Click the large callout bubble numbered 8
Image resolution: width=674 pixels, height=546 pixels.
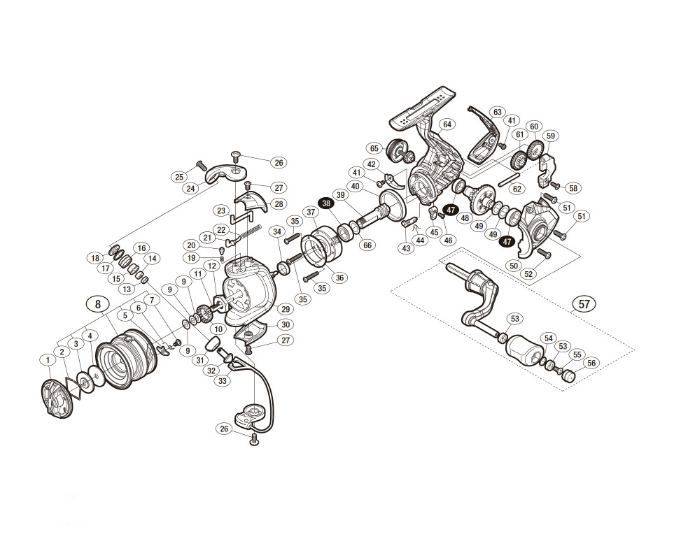98,303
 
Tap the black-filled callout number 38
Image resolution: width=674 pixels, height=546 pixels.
326,202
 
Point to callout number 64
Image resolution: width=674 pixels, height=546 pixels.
448,124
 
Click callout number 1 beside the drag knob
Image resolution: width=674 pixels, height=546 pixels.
48,360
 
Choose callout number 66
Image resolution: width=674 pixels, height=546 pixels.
368,245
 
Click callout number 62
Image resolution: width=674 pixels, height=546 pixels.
517,188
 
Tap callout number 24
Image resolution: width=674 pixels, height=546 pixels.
190,187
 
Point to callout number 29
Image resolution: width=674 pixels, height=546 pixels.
285,308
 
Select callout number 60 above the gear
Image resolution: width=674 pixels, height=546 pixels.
534,126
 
